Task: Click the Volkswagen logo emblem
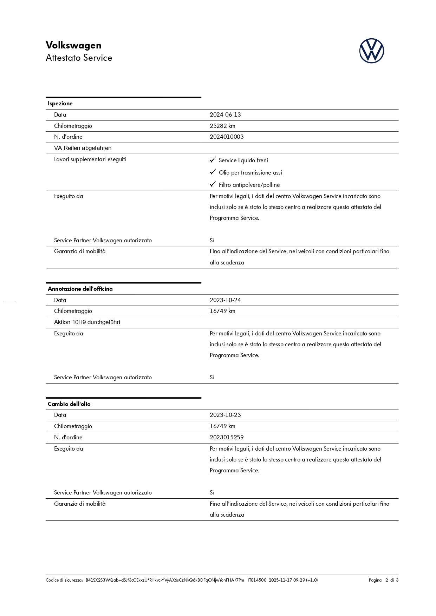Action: tap(371, 51)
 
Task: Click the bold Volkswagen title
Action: tap(73, 45)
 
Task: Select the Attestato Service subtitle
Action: tap(79, 58)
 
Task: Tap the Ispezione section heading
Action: tap(60, 104)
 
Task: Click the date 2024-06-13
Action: tap(225, 115)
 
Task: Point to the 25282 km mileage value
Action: tap(222, 126)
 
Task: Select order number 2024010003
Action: tap(227, 137)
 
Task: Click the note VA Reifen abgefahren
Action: tap(83, 148)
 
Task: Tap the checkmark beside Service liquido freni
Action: tap(213, 160)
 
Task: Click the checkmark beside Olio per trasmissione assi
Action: tap(213, 172)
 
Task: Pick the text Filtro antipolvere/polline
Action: tap(249, 185)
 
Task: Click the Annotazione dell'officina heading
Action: tap(80, 289)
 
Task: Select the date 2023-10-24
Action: tap(225, 300)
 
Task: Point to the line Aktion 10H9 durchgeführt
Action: tap(87, 322)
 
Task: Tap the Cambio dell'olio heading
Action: tap(69, 404)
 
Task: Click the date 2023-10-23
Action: tap(225, 415)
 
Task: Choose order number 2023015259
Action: tap(227, 438)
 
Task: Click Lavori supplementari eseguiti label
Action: tap(90, 159)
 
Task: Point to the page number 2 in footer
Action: tap(387, 580)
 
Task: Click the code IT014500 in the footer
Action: tap(257, 580)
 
